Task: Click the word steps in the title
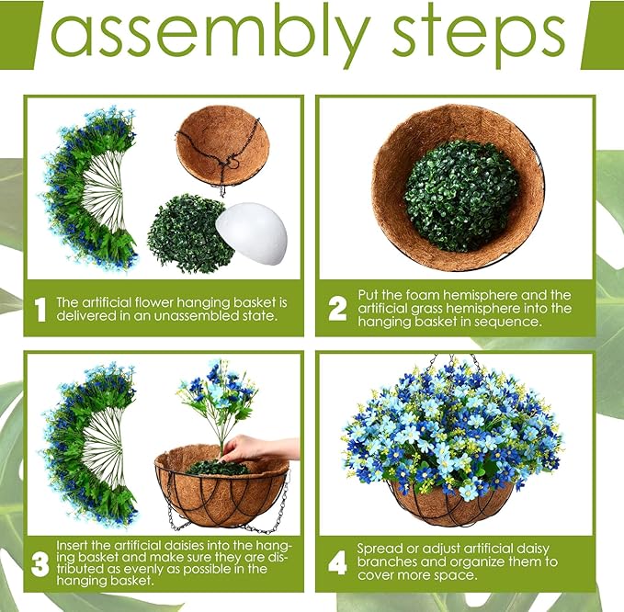point(479,35)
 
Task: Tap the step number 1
point(40,309)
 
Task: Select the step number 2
point(337,309)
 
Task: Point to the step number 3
point(40,564)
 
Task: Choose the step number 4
point(337,563)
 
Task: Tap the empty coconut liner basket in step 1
point(222,152)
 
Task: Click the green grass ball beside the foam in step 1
point(187,234)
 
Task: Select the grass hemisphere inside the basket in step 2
point(460,196)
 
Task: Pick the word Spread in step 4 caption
point(380,550)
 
